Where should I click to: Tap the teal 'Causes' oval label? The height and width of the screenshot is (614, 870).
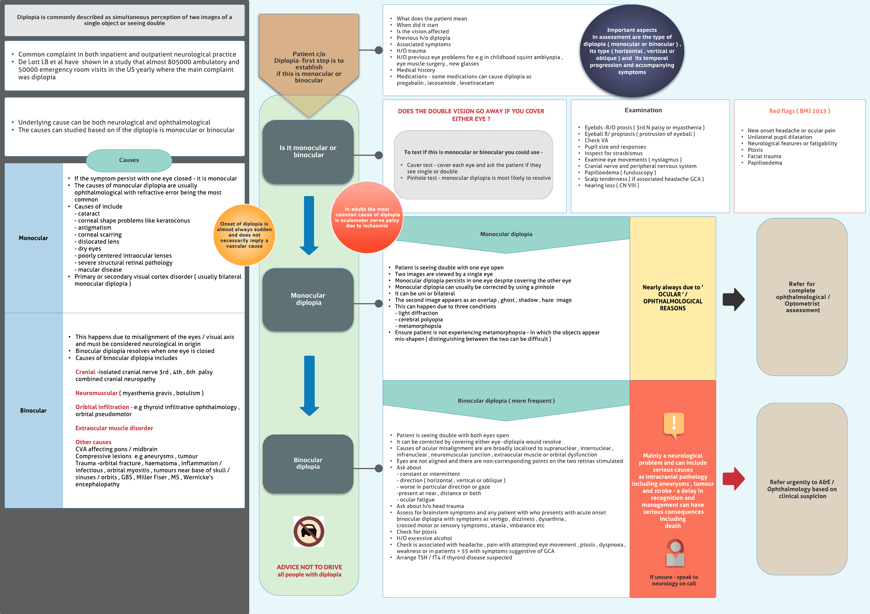coord(129,160)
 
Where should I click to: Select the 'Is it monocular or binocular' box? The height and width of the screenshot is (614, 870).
coord(308,151)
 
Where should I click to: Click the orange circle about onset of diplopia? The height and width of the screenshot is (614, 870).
coord(244,235)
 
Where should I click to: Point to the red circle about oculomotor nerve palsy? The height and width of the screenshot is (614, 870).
coord(367,217)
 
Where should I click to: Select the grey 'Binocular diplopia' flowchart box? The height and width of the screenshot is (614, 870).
coord(308,463)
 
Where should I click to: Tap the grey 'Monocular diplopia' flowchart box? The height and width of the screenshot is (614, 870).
coord(308,299)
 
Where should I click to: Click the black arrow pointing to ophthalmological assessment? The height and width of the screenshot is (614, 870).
coord(733,300)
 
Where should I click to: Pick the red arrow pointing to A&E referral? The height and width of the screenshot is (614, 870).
coord(733,479)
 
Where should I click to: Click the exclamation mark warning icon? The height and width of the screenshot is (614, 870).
coord(674,424)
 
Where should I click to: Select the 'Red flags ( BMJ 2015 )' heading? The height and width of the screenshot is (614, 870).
coord(800,111)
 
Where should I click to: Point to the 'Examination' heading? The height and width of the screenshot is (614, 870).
coord(643,110)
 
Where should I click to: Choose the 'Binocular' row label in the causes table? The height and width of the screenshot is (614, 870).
coord(33,410)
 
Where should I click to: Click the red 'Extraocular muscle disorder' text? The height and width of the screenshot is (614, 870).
coord(114,428)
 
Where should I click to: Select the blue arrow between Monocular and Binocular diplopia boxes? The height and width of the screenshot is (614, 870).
coord(309,385)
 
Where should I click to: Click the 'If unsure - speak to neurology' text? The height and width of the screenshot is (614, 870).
coord(674,580)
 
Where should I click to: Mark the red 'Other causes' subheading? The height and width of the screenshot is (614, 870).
coord(93,442)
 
